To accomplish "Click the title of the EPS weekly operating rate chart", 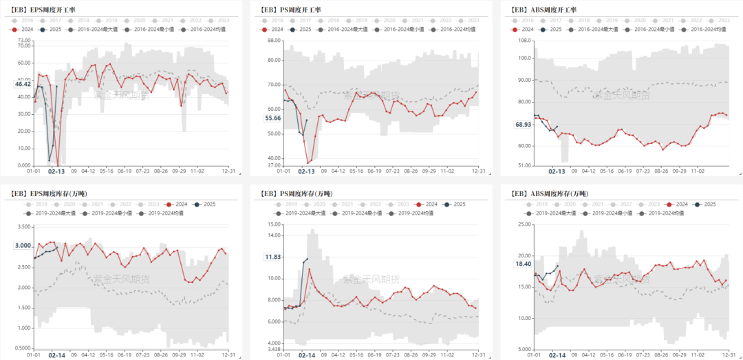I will tap(47, 10).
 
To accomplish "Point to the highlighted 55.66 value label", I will tap(272, 118).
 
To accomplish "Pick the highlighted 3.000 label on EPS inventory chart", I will tap(23, 246).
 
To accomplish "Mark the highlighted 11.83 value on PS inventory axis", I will tap(273, 257).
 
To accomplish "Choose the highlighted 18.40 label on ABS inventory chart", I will tap(524, 264).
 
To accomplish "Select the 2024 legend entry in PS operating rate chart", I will tap(273, 30).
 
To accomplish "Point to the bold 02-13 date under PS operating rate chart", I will tap(306, 171).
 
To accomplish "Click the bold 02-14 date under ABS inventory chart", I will tap(557, 355).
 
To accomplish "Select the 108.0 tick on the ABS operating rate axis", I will tap(524, 41).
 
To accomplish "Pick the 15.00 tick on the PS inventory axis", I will tap(274, 224).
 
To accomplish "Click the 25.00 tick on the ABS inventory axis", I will tap(524, 224).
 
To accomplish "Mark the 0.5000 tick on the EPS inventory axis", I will tap(23, 348).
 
